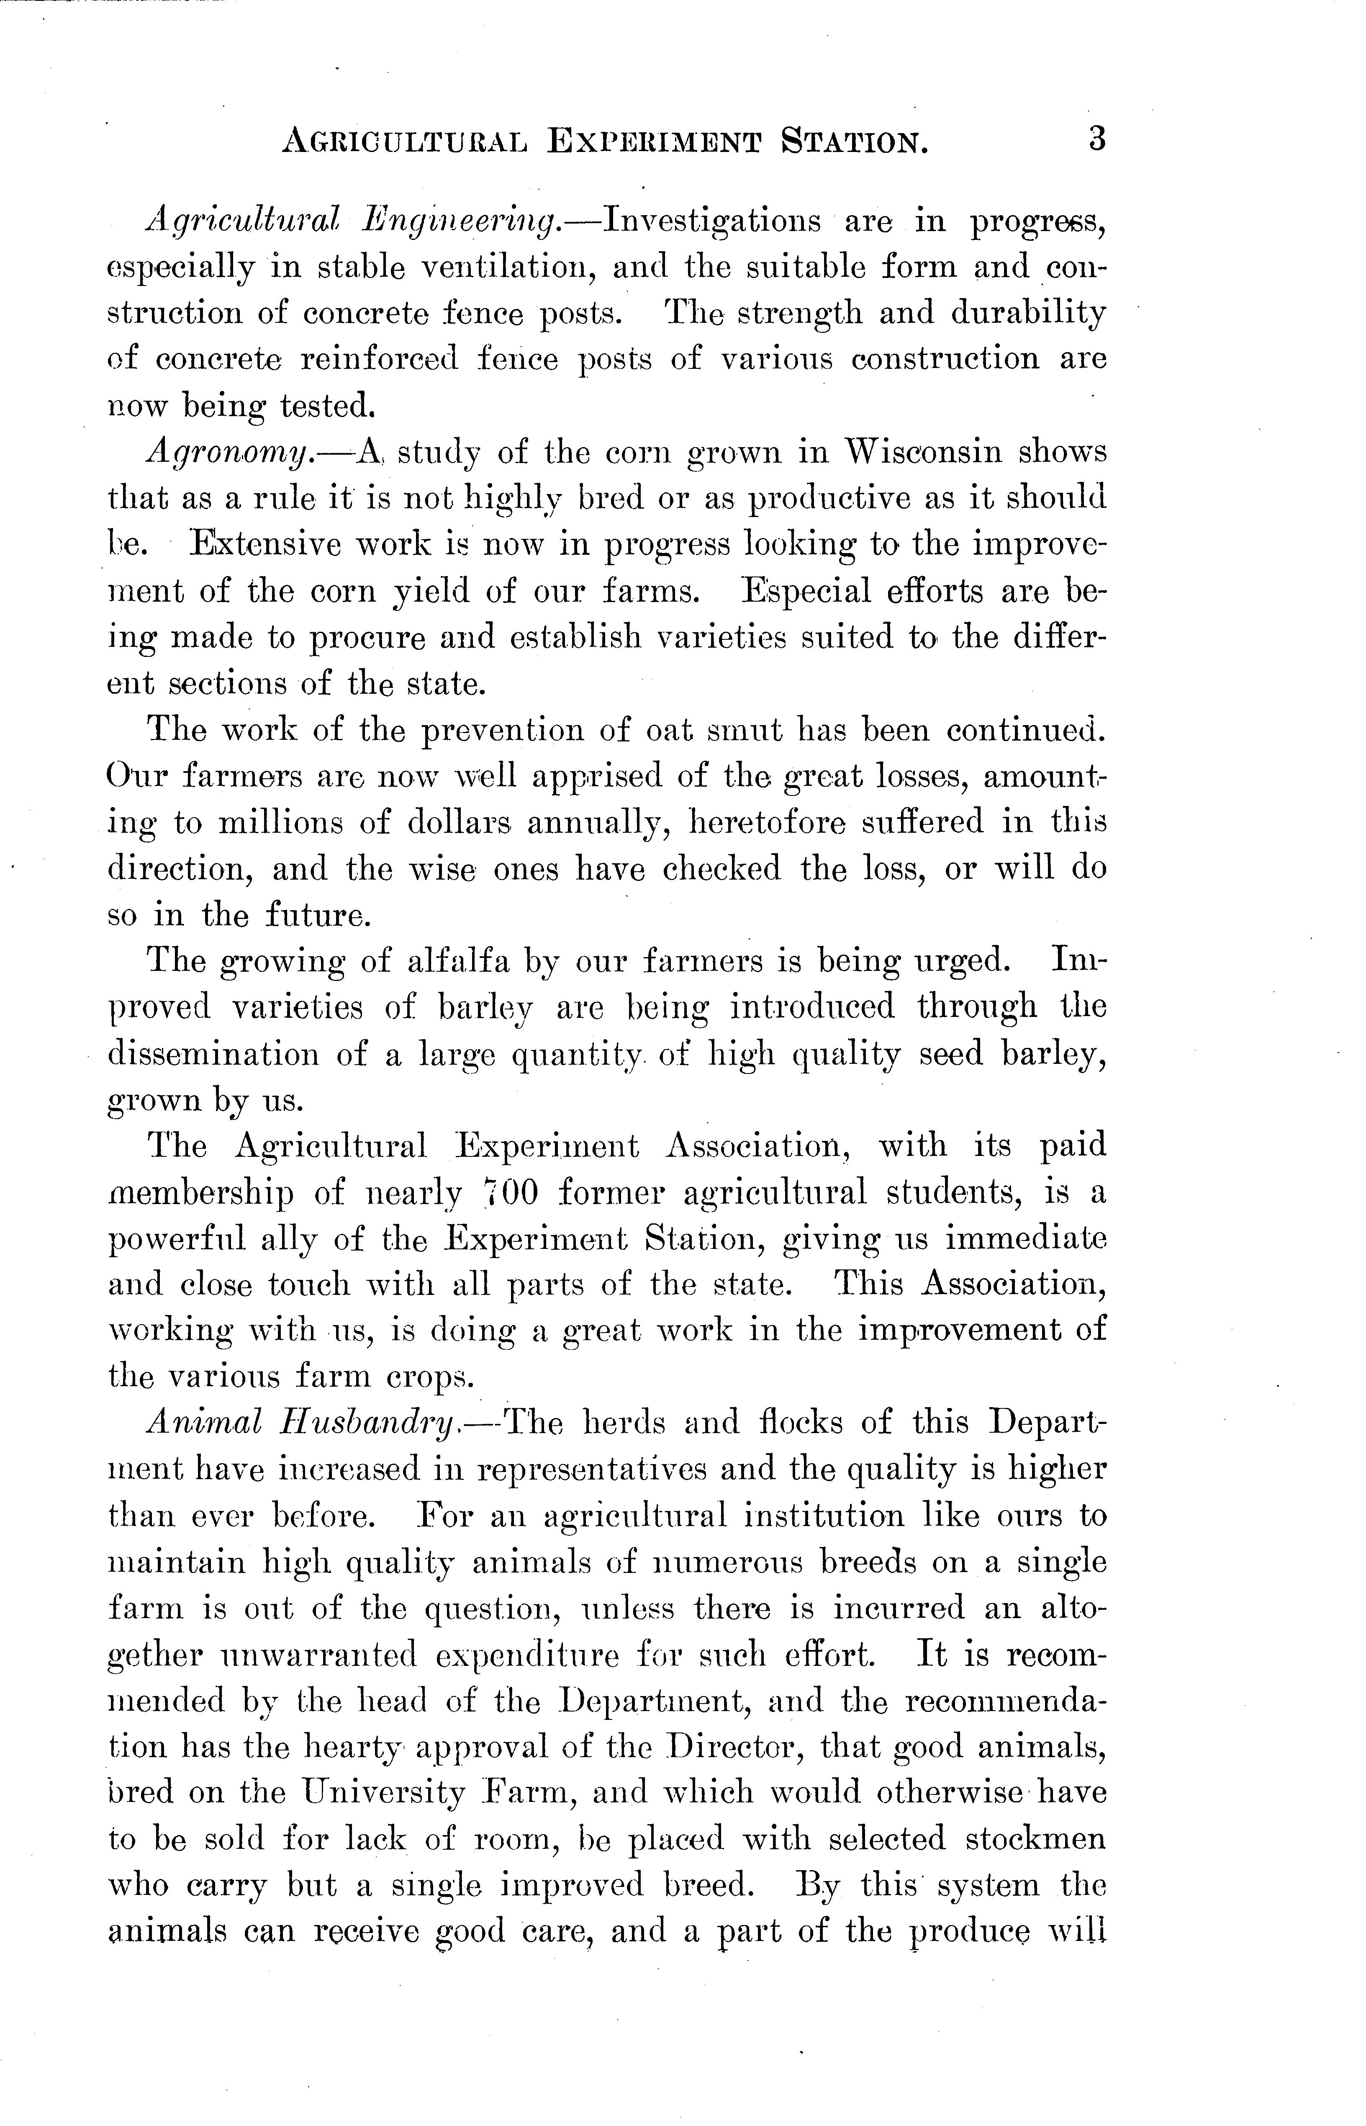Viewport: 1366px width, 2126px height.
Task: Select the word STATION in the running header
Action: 853,142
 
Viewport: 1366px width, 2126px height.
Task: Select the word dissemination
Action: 212,1054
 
